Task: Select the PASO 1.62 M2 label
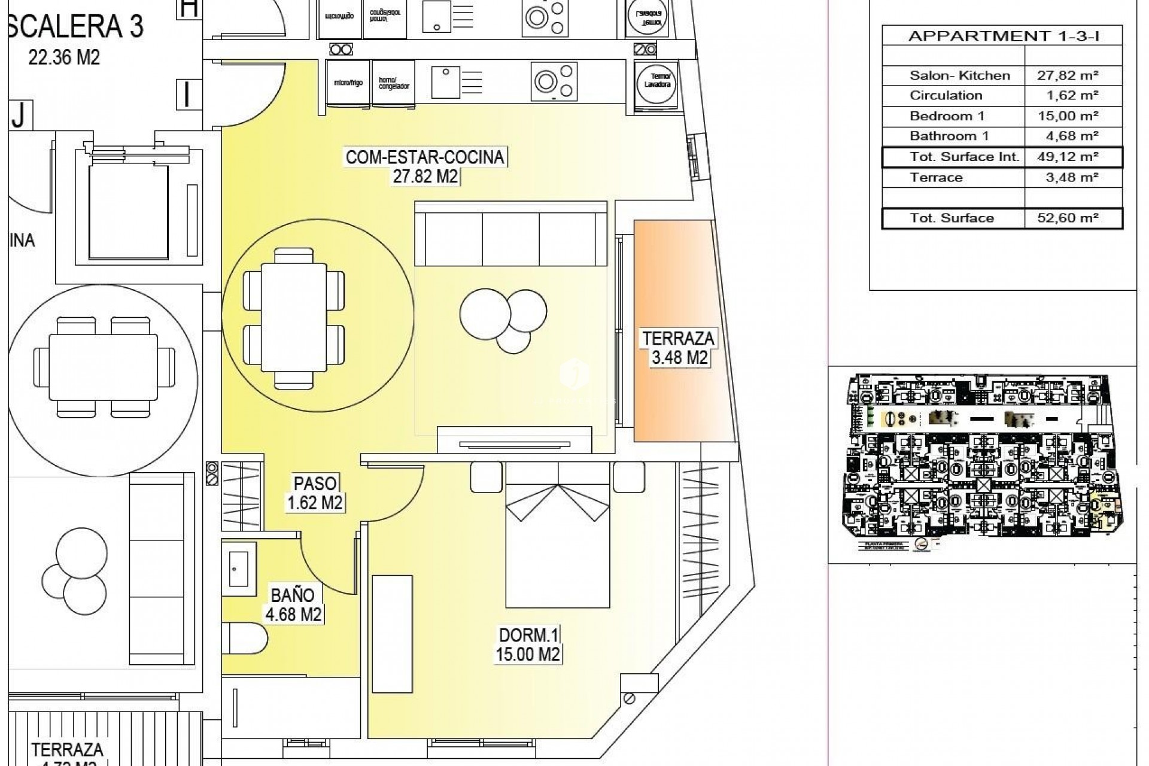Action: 315,493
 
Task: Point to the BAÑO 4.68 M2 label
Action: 293,604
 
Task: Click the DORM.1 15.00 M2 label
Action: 528,645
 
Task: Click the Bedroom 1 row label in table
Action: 946,116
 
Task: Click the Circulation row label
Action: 946,96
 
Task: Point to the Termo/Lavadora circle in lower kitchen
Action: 657,81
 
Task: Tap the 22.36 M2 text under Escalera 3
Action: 64,57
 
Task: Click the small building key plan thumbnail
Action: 981,461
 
